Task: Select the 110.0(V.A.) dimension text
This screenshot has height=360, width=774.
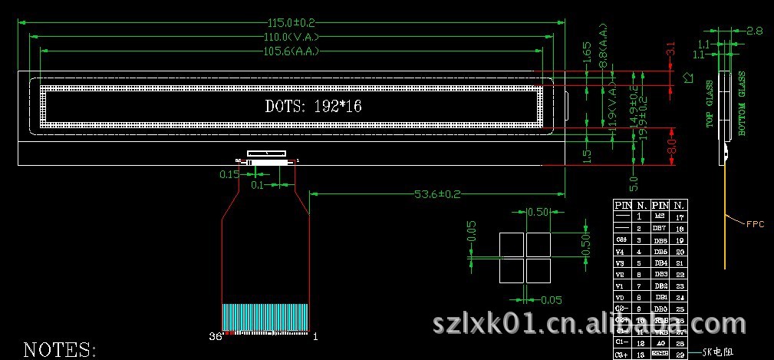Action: (291, 37)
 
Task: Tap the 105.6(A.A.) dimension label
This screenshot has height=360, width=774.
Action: (291, 51)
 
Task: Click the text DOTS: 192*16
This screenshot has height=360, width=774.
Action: (313, 107)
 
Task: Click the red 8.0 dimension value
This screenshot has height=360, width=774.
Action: (671, 144)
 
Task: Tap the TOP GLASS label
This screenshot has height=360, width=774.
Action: (710, 104)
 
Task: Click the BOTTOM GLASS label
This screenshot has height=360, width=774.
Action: (742, 104)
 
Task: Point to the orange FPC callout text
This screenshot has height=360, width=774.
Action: (756, 224)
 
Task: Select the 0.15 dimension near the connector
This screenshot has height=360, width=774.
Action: (229, 174)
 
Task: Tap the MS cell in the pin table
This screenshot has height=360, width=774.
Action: (659, 218)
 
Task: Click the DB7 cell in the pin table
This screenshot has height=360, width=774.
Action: (659, 229)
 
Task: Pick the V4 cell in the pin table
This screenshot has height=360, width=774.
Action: (621, 251)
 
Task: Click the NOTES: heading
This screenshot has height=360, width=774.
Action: (60, 350)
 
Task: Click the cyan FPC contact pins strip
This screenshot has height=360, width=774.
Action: (265, 317)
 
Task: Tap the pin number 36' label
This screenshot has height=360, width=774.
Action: (216, 336)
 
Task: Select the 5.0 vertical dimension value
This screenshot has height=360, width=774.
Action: (634, 183)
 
